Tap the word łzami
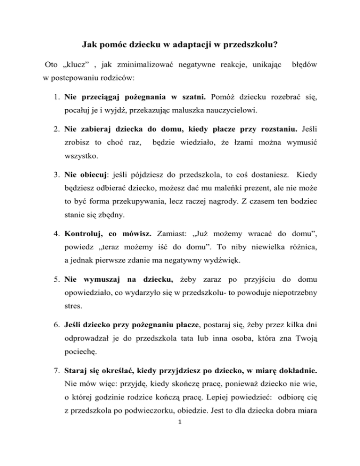coord(241,142)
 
